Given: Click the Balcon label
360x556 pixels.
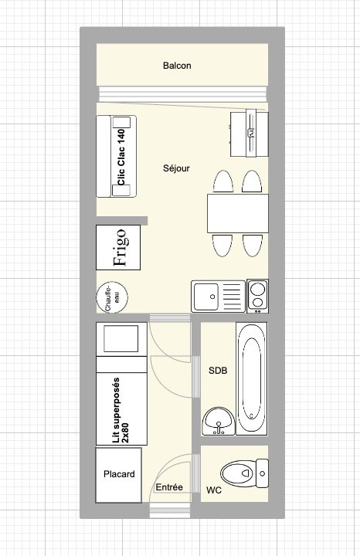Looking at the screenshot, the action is [x=177, y=66].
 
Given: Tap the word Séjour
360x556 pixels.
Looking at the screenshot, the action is [x=176, y=168].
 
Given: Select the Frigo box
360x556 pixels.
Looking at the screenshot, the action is [x=118, y=248].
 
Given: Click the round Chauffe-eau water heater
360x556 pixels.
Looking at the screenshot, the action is [x=112, y=297].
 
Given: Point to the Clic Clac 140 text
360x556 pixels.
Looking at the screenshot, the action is [x=121, y=157].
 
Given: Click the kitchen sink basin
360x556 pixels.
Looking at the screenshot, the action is [x=205, y=297].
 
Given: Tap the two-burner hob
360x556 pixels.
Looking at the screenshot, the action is [x=257, y=296].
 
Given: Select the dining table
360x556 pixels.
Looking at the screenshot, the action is [x=238, y=213].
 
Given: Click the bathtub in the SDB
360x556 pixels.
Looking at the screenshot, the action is [x=252, y=378].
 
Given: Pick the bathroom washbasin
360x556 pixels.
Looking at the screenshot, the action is [x=218, y=421].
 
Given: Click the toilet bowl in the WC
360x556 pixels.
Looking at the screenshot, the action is [x=239, y=473].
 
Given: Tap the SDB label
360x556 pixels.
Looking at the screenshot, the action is [x=218, y=371].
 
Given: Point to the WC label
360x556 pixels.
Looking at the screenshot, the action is [x=214, y=490].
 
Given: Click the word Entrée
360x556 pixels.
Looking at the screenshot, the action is [x=169, y=487].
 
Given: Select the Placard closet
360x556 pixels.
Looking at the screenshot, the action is [x=118, y=475].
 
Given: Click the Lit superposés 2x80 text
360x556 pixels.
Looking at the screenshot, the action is [x=121, y=410].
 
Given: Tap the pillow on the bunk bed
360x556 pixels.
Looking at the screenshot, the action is [x=121, y=339].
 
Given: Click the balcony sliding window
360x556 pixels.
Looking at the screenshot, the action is [x=182, y=94].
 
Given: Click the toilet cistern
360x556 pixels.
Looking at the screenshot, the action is [x=262, y=473].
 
